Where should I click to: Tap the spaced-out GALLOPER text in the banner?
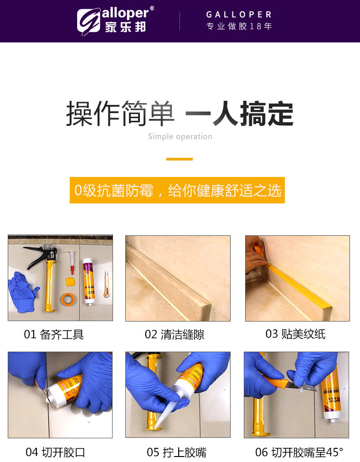pos(239,15)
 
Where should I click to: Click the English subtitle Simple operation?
pos(180,136)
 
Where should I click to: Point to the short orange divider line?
pos(180,159)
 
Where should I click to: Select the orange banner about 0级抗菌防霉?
pos(177,190)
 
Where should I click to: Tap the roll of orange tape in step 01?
pos(68,299)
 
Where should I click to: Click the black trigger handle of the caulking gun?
pos(37,256)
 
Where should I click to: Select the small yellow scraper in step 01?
pos(70,282)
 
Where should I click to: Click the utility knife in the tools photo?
pos(106,284)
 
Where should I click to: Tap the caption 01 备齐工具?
pos(54,334)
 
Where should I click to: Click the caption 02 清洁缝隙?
pos(175,334)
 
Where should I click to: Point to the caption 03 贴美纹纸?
pos(296,334)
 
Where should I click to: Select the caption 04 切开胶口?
pos(55,452)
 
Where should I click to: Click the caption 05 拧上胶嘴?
pos(177,452)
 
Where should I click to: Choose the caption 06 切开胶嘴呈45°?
pos(299,452)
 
